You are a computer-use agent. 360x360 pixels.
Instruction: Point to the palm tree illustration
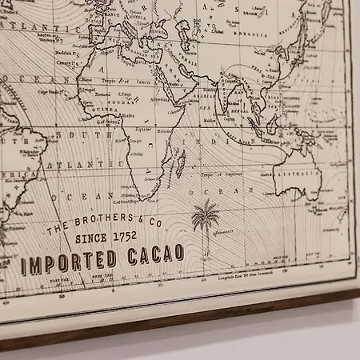click(x=206, y=219)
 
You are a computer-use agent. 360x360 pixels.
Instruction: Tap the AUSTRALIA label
click(x=306, y=174)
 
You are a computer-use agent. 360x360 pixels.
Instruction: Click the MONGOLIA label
click(x=266, y=35)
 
